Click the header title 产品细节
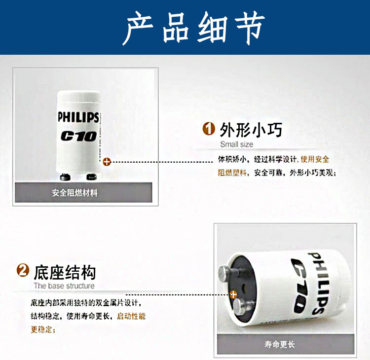tap(193, 28)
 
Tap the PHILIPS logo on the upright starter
tap(78, 117)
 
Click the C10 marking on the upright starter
tap(79, 136)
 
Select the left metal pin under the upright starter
tap(65, 177)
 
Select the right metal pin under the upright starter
tap(92, 177)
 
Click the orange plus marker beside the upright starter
tap(107, 162)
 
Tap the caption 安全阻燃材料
tap(75, 193)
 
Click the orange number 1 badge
tap(209, 129)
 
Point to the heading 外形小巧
tap(251, 130)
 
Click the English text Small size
tap(236, 144)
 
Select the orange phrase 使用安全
tap(315, 159)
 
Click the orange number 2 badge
tap(23, 270)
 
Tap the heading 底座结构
tap(65, 273)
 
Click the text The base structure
tap(64, 286)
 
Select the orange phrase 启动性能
tap(131, 316)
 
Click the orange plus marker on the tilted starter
tap(233, 294)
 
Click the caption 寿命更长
tap(280, 344)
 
